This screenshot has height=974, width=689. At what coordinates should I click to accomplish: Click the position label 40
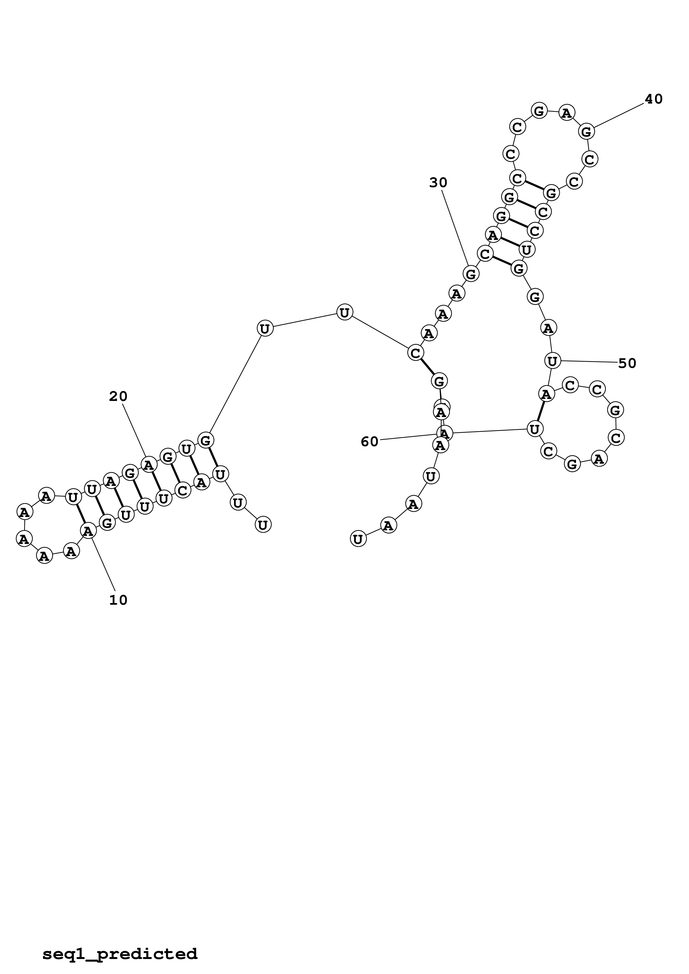pos(653,99)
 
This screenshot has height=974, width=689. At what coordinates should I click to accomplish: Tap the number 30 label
pos(438,183)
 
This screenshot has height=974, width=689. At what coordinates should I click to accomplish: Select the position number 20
pos(118,397)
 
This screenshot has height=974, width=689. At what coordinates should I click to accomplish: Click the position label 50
pos(627,363)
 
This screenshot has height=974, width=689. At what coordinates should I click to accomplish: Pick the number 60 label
pos(369,442)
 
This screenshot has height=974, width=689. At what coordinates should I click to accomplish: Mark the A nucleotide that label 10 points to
pos(88,530)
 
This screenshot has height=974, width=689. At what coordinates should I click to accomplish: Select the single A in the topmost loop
pos(566,113)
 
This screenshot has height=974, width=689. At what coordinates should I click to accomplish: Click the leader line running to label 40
pos(619,116)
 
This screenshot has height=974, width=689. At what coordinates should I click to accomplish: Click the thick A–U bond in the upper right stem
pos(509,242)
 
